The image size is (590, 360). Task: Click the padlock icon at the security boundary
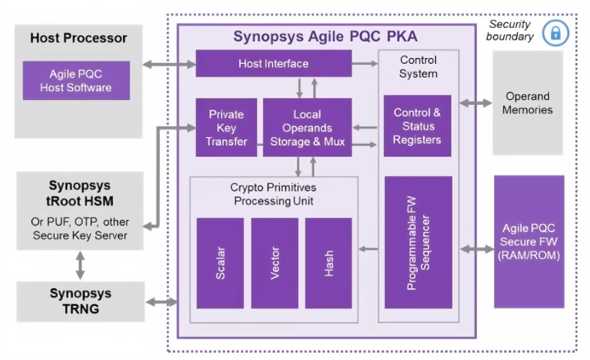coord(555,33)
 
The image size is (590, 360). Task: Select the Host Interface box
coord(273,63)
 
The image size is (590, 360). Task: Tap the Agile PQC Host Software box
coord(76,80)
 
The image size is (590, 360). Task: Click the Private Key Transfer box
coord(226,128)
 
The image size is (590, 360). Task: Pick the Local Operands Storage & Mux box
coord(307,128)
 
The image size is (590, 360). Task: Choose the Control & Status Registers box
coord(417,126)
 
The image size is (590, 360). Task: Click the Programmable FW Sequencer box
coord(418,242)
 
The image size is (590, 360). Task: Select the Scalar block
coord(220,263)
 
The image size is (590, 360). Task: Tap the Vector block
coord(275,263)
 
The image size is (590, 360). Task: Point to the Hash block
coord(328,263)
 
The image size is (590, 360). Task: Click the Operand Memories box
coord(527,103)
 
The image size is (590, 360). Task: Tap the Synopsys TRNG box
coord(80,302)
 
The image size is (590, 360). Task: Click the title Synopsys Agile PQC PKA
coord(326,37)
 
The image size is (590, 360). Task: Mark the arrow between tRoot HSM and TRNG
coord(80,265)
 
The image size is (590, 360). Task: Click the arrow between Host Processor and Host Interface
coord(169,64)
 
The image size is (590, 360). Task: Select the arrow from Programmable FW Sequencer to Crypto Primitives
coord(368,249)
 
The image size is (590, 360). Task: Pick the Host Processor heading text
coord(79,38)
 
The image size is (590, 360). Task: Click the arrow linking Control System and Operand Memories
coord(475,103)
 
